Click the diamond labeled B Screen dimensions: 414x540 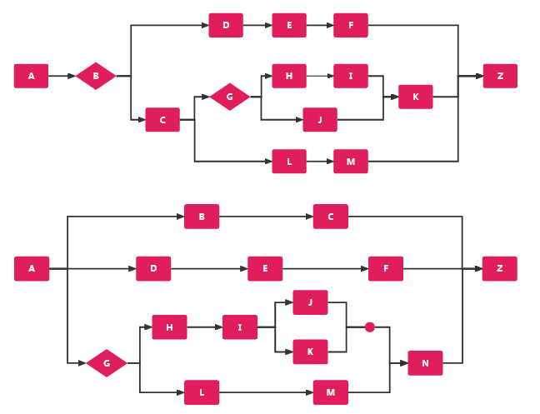[x=96, y=76]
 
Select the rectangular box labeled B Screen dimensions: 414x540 [x=202, y=217]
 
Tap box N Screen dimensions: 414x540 [x=425, y=363]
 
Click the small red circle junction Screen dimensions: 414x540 [x=370, y=327]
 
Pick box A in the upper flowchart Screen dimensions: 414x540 [x=32, y=76]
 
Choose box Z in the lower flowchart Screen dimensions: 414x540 [x=499, y=268]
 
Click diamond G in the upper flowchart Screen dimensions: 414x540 [x=230, y=97]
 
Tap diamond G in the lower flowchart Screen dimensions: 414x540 [x=107, y=363]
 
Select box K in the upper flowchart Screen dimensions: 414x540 [x=416, y=97]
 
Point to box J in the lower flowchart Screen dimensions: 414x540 [x=310, y=302]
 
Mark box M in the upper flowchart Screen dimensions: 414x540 [x=351, y=162]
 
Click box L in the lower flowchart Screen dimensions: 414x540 [x=202, y=392]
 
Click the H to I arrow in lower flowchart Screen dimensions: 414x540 [x=205, y=327]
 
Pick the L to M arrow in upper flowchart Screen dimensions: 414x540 [x=320, y=162]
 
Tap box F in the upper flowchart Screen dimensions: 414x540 [x=351, y=25]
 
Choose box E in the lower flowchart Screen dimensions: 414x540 [x=265, y=268]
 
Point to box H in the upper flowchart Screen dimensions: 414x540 [x=289, y=76]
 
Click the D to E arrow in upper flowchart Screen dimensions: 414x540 [x=257, y=25]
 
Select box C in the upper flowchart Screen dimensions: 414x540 [x=162, y=120]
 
